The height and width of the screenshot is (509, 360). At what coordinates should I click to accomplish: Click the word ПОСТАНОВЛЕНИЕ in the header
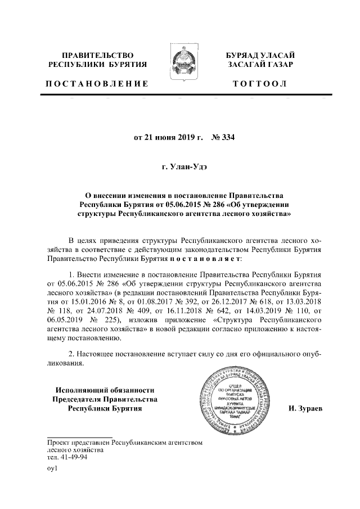click(x=97, y=84)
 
